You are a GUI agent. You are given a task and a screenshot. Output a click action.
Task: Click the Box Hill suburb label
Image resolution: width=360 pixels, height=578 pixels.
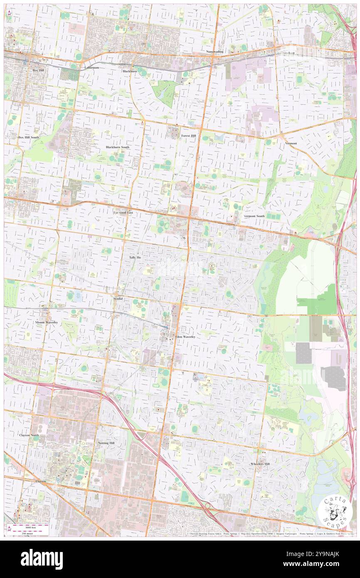click(38, 70)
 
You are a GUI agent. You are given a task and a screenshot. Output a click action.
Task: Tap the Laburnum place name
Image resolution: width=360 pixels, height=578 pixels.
click(90, 67)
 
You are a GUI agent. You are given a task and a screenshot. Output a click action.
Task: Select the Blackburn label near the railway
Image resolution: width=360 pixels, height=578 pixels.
click(130, 71)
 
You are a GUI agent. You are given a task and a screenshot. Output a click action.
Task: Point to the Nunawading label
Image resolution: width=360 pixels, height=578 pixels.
click(215, 52)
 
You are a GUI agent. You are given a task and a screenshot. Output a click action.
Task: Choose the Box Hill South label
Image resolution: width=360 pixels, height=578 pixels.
click(28, 137)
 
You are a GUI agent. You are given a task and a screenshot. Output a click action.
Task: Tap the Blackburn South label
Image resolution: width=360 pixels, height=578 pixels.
click(117, 147)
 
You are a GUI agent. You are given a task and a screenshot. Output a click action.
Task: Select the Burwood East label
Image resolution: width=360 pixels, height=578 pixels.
click(123, 212)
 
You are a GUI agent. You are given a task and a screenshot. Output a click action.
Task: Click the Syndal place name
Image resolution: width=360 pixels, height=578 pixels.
click(118, 299)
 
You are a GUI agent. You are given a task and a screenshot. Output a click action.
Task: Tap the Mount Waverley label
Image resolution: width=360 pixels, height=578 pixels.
click(46, 323)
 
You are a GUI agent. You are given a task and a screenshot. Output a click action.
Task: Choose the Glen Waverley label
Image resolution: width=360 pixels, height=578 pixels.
click(185, 336)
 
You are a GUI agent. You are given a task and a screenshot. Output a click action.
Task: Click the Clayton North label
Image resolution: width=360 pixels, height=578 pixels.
click(30, 435)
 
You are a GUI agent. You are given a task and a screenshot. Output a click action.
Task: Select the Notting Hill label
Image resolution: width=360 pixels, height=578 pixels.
click(107, 443)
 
